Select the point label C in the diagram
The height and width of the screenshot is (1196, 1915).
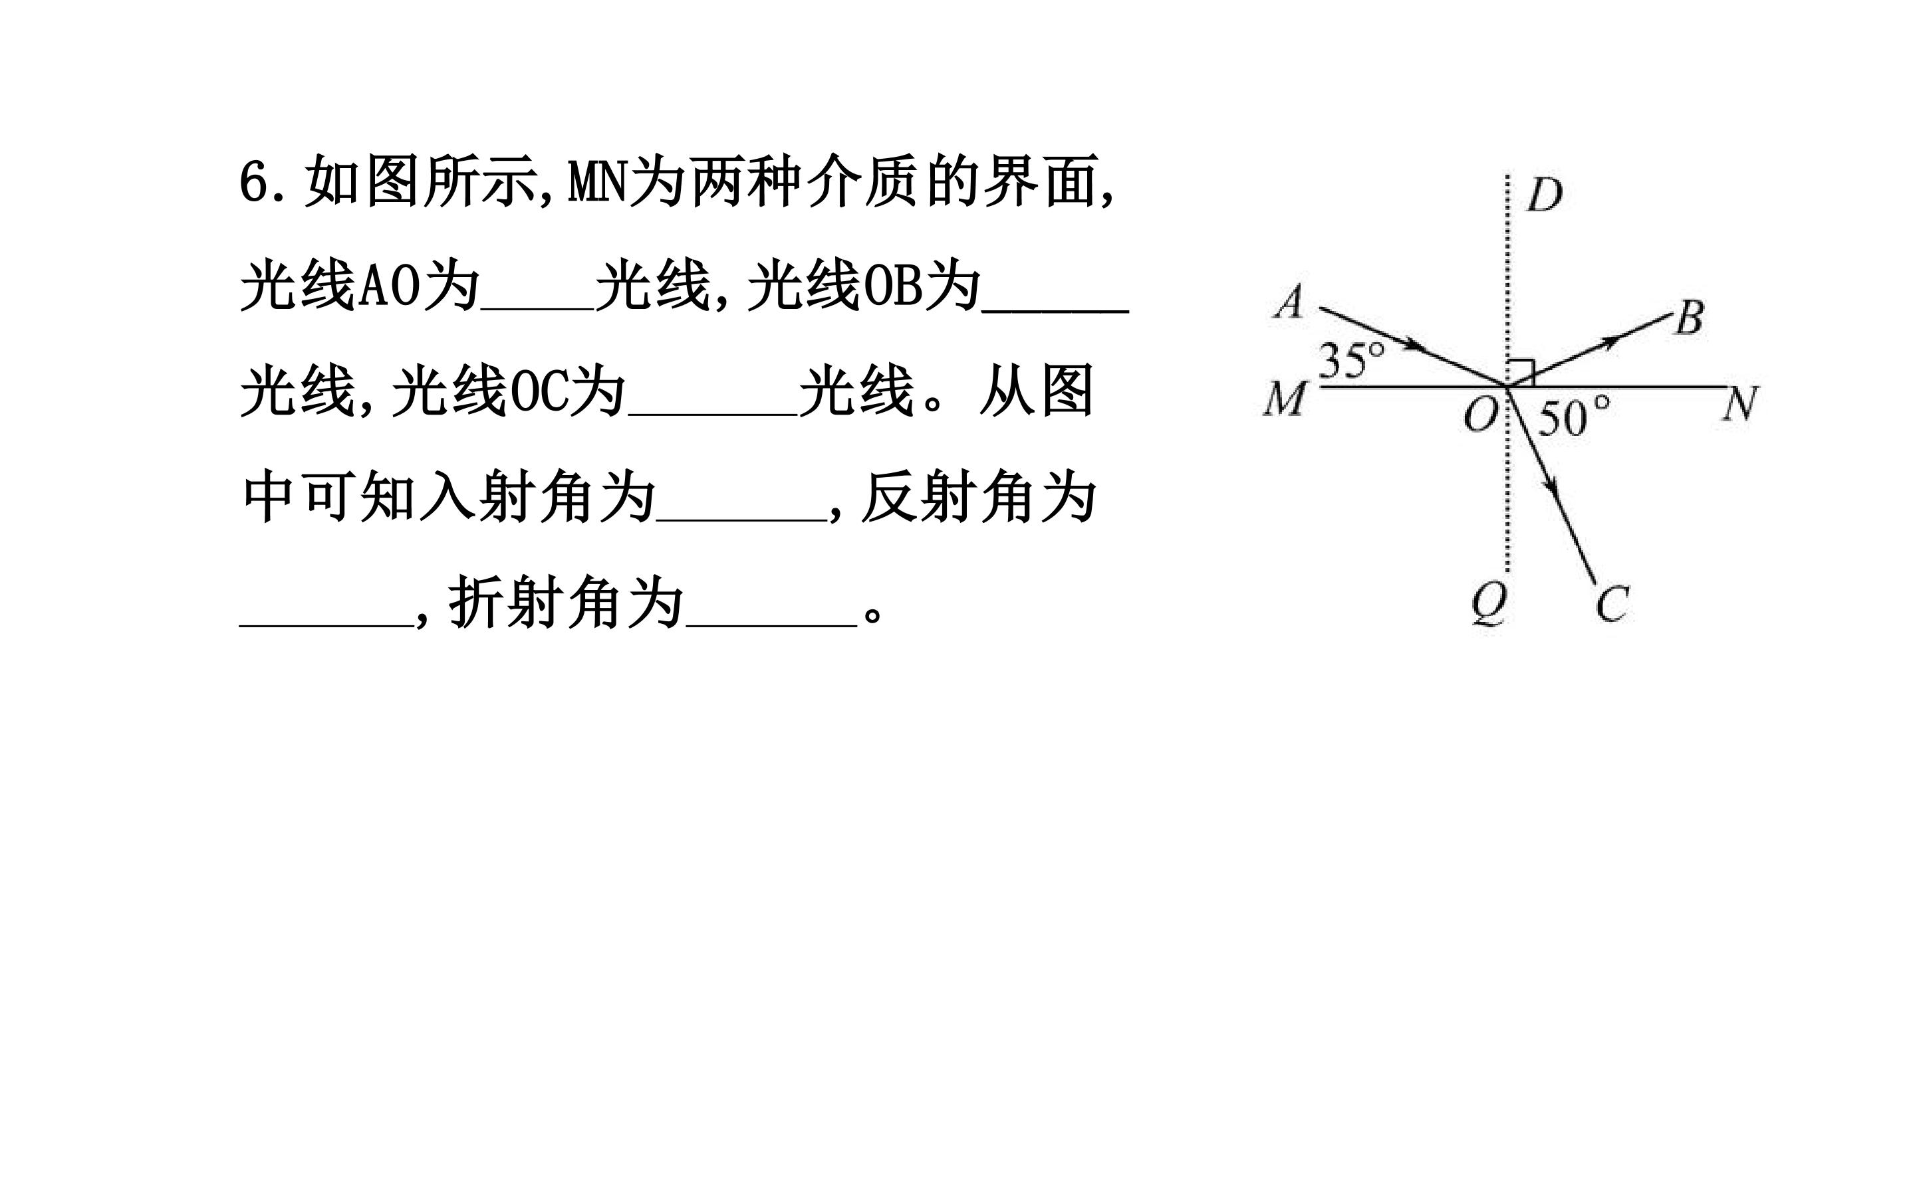point(1612,605)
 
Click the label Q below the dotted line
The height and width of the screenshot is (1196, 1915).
point(1489,606)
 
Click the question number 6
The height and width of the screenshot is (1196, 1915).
point(257,183)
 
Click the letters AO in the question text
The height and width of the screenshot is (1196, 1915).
point(388,286)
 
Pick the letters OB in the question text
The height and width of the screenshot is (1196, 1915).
point(892,286)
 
